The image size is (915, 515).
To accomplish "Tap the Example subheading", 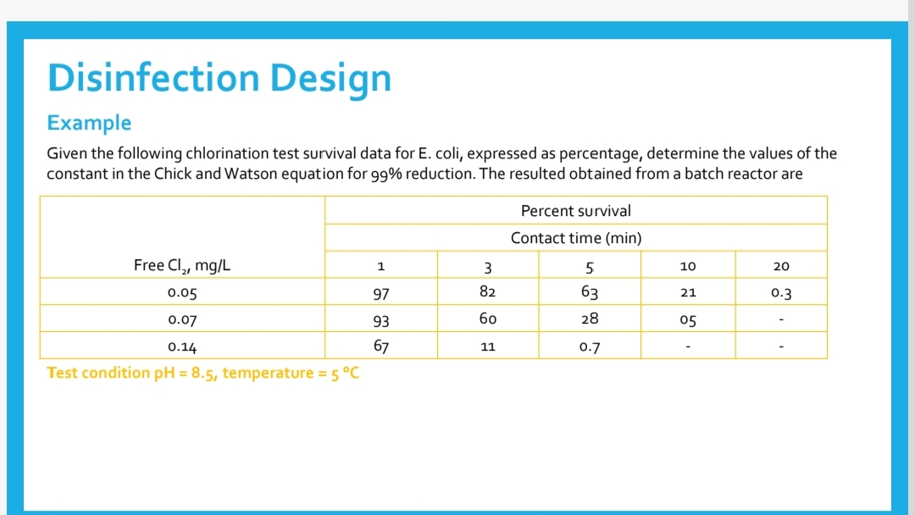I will coord(89,123).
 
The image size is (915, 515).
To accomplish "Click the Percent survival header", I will coord(575,211).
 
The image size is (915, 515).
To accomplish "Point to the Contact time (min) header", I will coord(575,238).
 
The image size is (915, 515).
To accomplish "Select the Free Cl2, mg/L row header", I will coord(182,266).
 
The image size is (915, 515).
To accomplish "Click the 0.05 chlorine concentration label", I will coord(182,293).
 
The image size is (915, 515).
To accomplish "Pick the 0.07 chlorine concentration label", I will coord(182,320).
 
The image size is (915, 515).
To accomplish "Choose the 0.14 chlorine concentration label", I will coord(182,346).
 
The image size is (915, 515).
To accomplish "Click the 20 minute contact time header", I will coord(781,266).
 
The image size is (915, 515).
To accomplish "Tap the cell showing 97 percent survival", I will coord(380,293).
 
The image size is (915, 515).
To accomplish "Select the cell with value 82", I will coord(487,292).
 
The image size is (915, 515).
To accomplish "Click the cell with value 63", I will coord(590,293).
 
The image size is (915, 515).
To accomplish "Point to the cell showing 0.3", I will coord(781,293).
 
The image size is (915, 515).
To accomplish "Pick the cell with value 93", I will coord(380,320).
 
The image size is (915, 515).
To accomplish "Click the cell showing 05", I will coord(688,320).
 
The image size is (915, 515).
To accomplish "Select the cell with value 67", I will coord(380,346).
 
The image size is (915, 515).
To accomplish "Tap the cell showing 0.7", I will coord(590,346).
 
